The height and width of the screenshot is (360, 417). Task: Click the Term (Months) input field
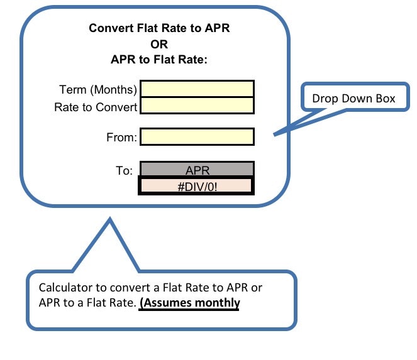coord(197,89)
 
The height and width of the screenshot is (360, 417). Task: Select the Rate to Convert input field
coord(197,106)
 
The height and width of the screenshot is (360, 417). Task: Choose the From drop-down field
coord(197,136)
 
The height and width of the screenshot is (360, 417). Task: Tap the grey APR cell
coord(197,170)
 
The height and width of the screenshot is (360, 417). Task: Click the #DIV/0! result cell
coord(196,186)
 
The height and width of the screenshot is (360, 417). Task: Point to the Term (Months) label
coord(98,90)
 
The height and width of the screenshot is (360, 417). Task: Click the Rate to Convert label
coord(96,107)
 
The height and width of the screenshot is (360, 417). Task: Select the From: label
coord(121,137)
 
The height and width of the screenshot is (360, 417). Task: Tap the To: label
coord(124,170)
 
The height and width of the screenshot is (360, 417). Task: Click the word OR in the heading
coord(159,44)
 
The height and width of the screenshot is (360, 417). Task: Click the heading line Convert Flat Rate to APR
coord(159,28)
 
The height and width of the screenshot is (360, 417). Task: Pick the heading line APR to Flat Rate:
coord(159,60)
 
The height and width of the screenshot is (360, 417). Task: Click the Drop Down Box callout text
coord(354,99)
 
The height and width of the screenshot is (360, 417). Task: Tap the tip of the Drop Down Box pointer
coord(274,134)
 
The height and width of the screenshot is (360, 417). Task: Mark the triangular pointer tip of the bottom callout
coord(110,220)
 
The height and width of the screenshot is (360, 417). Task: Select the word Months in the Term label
coord(114,90)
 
